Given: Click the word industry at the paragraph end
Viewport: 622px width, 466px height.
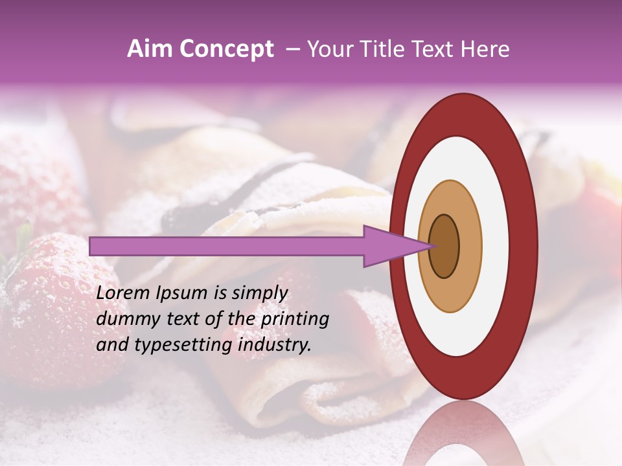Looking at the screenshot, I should (274, 346).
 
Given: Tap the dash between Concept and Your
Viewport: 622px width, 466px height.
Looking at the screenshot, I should (292, 50).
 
